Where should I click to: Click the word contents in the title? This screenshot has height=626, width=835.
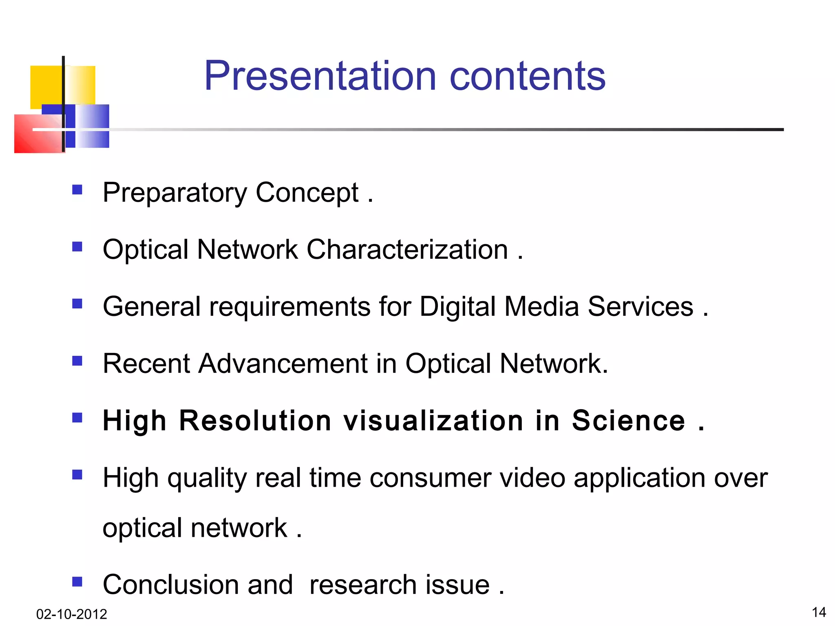(527, 77)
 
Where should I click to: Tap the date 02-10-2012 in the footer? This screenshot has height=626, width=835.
(71, 614)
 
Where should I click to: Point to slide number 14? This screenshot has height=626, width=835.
(819, 612)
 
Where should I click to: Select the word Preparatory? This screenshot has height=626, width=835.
(175, 193)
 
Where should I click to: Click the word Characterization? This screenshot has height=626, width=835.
(407, 249)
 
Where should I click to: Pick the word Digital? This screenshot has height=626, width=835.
(457, 306)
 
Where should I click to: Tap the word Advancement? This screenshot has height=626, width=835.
(283, 364)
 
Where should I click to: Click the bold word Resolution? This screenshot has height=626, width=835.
(255, 421)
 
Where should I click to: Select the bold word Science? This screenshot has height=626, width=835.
(628, 421)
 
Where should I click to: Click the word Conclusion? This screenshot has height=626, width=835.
(198, 584)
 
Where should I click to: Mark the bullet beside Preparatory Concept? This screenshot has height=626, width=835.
(77, 190)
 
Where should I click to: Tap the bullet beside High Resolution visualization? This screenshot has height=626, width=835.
(77, 418)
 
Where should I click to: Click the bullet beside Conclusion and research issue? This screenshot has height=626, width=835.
(77, 581)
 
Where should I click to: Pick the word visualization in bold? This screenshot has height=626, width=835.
(433, 421)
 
